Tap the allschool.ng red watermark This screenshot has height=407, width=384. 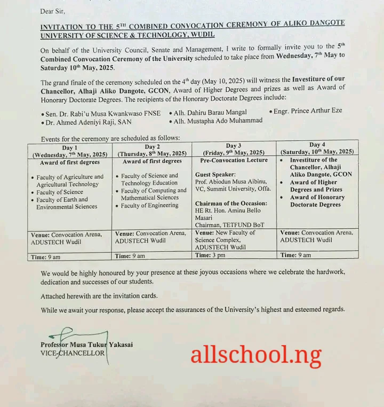click(255, 354)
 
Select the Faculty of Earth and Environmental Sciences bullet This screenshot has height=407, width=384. click(67, 203)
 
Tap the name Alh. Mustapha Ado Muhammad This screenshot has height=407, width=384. click(215, 121)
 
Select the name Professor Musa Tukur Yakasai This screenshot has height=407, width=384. click(86, 345)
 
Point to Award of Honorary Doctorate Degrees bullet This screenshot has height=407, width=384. click(317, 201)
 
